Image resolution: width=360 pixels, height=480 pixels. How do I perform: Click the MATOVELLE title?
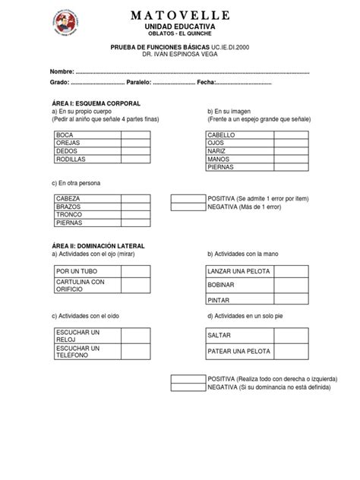[x=180, y=15]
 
